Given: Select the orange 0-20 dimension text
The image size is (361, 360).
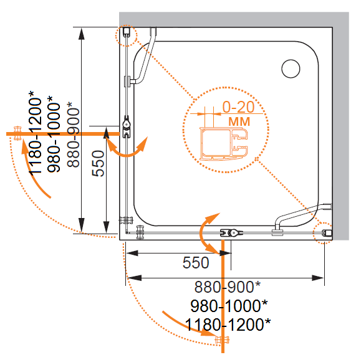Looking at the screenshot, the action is pyautogui.click(x=238, y=107).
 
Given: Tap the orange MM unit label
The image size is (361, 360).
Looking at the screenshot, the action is pyautogui.click(x=239, y=121).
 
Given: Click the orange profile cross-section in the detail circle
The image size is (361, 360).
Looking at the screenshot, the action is pyautogui.click(x=224, y=143).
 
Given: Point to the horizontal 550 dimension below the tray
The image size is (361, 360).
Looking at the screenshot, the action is pyautogui.click(x=196, y=262).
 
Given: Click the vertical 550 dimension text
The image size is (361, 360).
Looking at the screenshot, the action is pyautogui.click(x=98, y=163).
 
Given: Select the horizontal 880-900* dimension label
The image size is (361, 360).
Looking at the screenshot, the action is pyautogui.click(x=227, y=287).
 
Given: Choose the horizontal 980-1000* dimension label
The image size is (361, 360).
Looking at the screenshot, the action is pyautogui.click(x=229, y=306).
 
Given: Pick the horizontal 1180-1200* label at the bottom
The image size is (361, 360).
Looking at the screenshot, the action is pyautogui.click(x=228, y=324).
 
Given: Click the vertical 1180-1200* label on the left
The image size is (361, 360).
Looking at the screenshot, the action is pyautogui.click(x=35, y=133).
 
